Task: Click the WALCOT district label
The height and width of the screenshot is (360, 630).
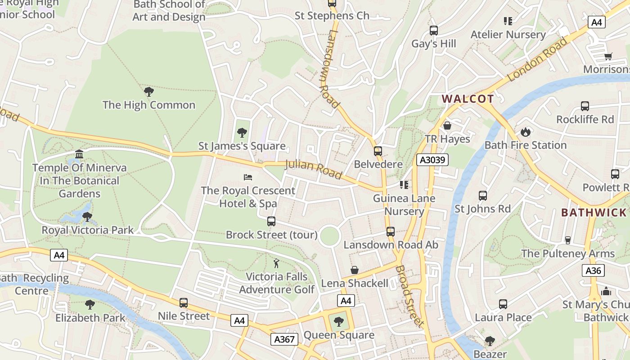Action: pyautogui.click(x=468, y=99)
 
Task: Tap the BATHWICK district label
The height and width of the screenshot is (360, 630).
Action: pyautogui.click(x=594, y=213)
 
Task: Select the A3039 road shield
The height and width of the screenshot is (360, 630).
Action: pyautogui.click(x=432, y=160)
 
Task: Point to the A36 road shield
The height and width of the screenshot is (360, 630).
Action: pyautogui.click(x=594, y=270)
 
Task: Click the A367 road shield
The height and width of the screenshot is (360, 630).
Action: pyautogui.click(x=284, y=339)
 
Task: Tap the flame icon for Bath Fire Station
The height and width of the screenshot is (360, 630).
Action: pyautogui.click(x=525, y=132)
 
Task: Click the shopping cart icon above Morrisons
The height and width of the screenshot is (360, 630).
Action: pyautogui.click(x=608, y=57)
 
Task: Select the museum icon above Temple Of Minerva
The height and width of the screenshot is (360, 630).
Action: pyautogui.click(x=79, y=155)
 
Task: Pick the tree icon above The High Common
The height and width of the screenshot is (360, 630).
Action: pyautogui.click(x=148, y=92)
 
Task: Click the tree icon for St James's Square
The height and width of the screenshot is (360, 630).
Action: pyautogui.click(x=242, y=133)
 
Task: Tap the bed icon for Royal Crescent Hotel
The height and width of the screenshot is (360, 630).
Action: pyautogui.click(x=248, y=177)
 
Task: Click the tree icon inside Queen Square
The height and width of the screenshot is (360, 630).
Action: pyautogui.click(x=338, y=322)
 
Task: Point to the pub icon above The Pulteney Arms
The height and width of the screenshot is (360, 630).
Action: pyautogui.click(x=567, y=240)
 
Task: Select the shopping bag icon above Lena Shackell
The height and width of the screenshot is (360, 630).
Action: pyautogui.click(x=355, y=270)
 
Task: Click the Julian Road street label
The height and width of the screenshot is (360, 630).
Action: pyautogui.click(x=314, y=169)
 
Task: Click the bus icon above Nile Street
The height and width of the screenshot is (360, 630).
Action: pyautogui.click(x=183, y=303)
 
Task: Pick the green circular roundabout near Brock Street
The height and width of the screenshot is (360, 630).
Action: pyautogui.click(x=329, y=236)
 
